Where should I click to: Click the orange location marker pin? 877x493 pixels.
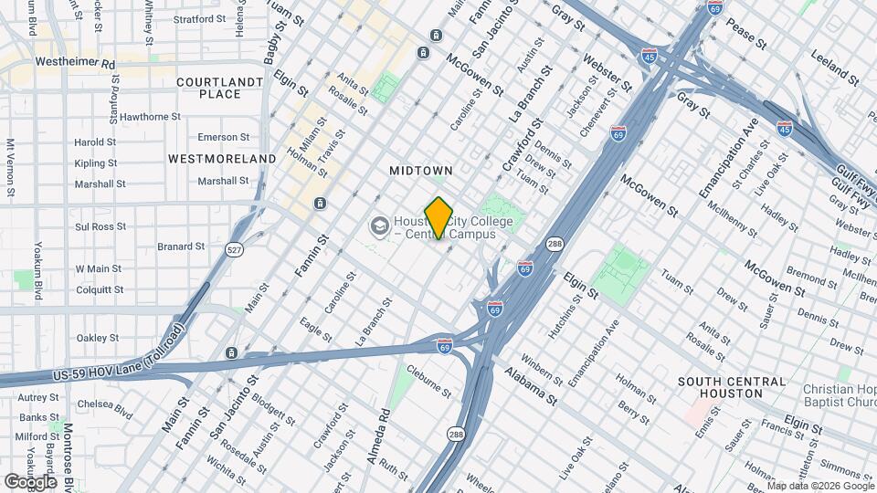click(438, 217)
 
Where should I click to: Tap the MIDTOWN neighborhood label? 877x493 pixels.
click(421, 171)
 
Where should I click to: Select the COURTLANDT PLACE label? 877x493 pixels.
click(207, 88)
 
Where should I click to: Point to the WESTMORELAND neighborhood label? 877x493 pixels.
click(222, 159)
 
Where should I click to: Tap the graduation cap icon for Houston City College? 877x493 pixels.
click(378, 225)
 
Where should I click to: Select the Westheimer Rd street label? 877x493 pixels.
click(76, 63)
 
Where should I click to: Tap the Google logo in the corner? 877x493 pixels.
click(30, 481)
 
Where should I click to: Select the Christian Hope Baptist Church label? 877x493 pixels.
click(839, 395)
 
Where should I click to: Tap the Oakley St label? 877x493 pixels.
click(99, 338)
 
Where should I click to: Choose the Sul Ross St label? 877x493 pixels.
click(100, 226)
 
